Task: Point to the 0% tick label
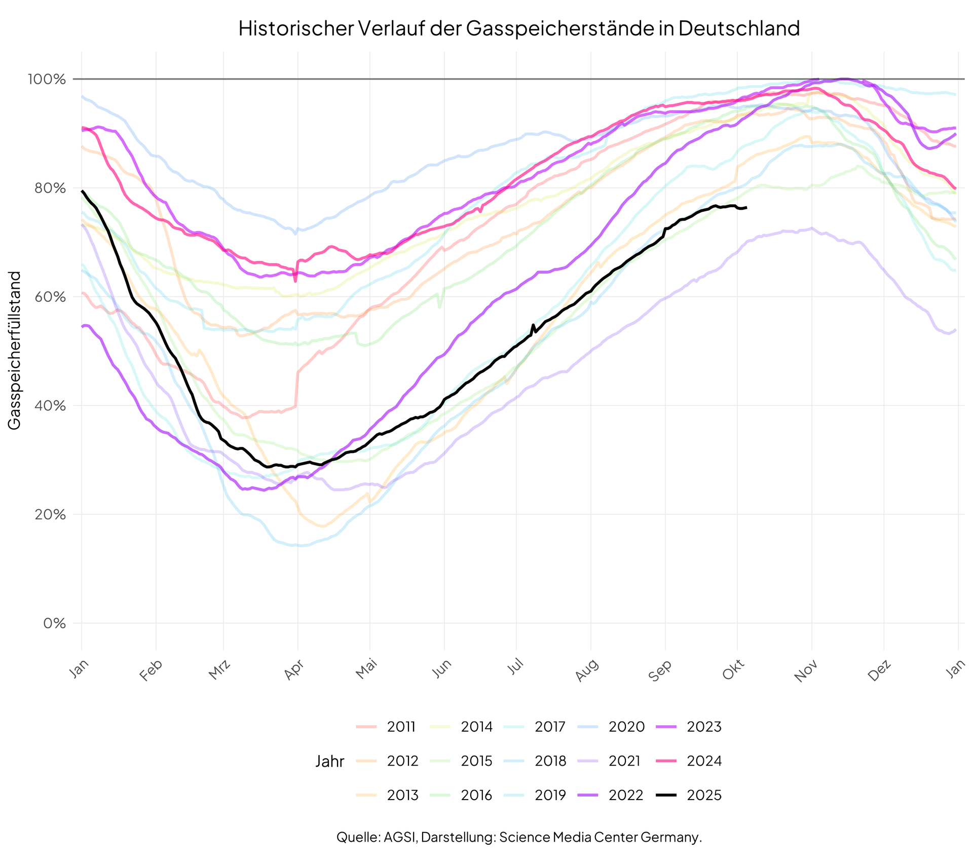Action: click(55, 623)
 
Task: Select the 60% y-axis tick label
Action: click(52, 297)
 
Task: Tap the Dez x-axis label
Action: click(879, 671)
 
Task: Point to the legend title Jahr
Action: click(330, 761)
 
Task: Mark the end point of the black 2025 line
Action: click(746, 207)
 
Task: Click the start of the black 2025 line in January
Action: click(82, 191)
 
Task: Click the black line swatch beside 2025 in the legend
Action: click(666, 795)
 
